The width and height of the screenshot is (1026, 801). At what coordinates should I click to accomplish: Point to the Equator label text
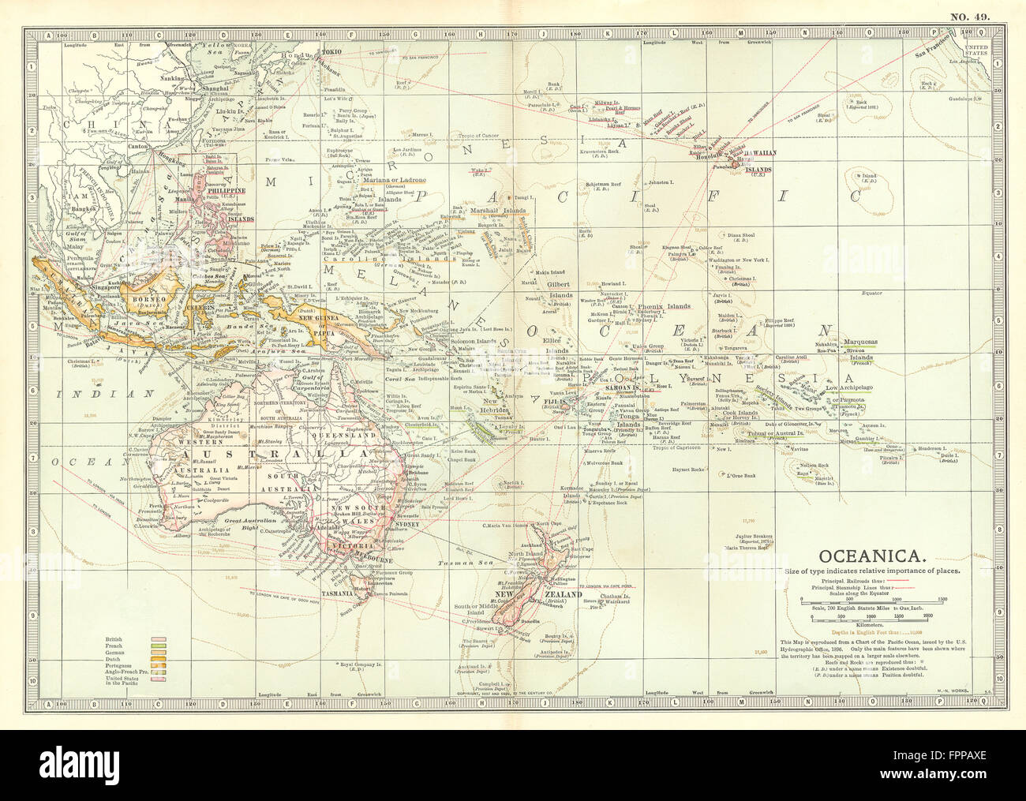[x=871, y=293]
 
